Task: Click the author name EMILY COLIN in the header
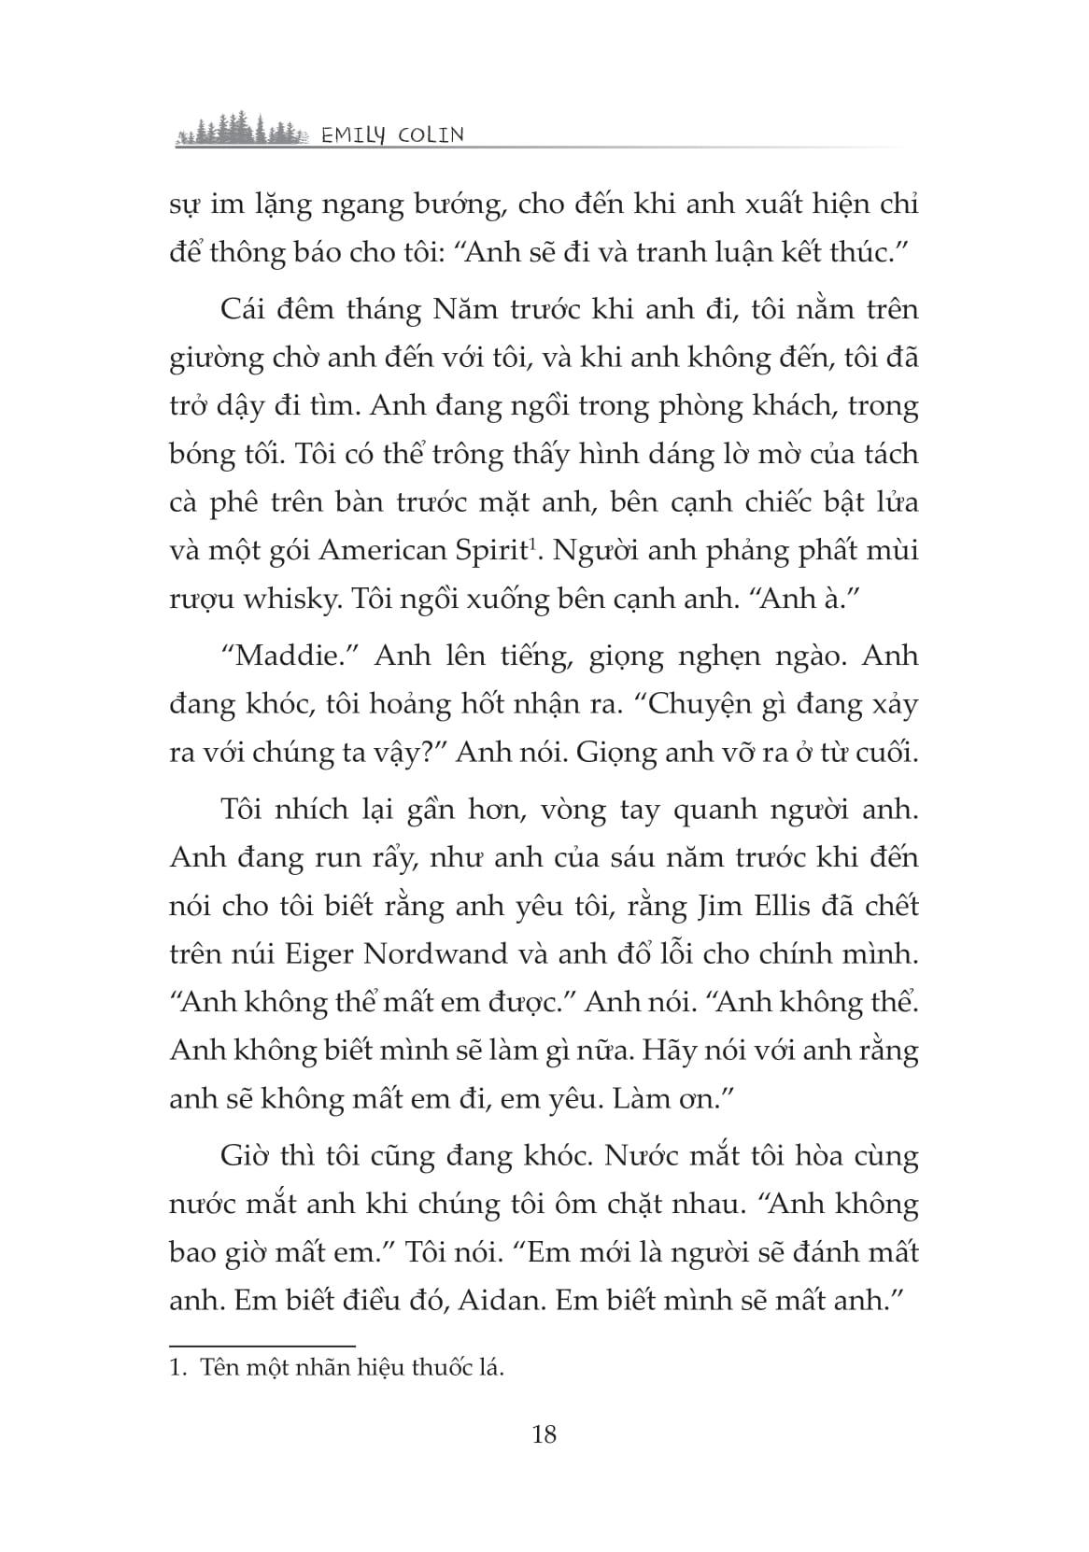[391, 135]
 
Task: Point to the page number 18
[544, 1433]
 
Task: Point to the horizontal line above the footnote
[262, 1346]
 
